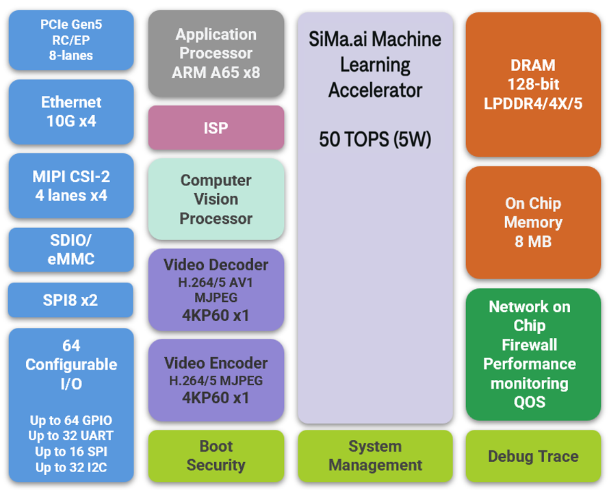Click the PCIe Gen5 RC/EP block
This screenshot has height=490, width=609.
71,40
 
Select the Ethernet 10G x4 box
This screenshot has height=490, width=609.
71,112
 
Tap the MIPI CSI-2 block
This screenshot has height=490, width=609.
71,185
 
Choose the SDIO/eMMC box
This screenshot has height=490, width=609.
71,250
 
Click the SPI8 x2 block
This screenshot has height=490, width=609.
71,300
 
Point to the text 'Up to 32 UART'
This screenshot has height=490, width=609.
71,436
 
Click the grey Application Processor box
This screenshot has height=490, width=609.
216,53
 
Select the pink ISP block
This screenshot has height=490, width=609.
216,128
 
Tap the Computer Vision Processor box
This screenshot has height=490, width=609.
216,199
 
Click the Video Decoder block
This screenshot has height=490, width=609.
216,290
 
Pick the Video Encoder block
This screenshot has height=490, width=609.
216,381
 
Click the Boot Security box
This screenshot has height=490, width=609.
216,456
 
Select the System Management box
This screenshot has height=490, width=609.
375,456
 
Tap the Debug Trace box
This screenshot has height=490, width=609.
533,456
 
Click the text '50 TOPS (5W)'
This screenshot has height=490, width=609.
375,140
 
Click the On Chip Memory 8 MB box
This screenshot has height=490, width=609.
533,222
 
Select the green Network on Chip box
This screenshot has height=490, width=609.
533,354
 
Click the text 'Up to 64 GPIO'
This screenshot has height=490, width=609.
71,420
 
